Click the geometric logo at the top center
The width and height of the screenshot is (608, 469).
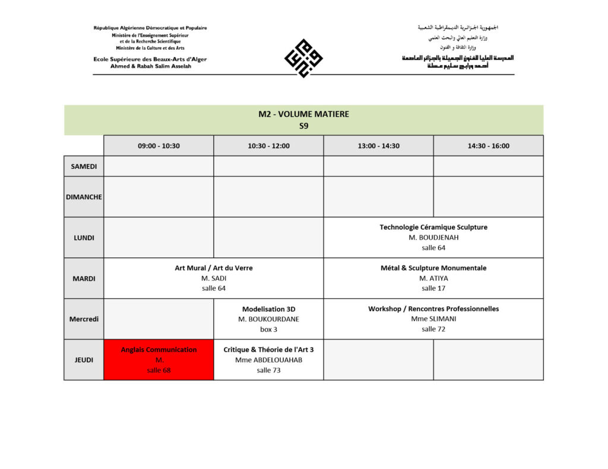point(303,58)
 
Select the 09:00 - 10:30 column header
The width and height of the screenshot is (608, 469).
point(159,146)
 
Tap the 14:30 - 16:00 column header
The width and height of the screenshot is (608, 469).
point(488,146)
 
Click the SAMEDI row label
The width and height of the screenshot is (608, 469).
point(84,167)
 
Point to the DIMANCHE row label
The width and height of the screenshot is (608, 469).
point(84,197)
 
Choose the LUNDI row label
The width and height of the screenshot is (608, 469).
point(84,238)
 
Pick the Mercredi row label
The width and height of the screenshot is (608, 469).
point(84,319)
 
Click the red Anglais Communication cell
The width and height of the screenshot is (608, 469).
point(159,360)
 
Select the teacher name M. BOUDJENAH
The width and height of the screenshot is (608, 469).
point(433,238)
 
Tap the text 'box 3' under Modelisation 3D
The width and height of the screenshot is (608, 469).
point(268,330)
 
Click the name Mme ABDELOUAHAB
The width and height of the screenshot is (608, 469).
point(268,360)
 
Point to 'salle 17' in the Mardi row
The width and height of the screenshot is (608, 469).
point(433,289)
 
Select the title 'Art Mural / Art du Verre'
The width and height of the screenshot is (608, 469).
point(214,268)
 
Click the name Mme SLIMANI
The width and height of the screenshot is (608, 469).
point(433,319)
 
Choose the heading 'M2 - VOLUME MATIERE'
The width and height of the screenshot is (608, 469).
point(303,114)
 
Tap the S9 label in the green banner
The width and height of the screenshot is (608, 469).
point(303,126)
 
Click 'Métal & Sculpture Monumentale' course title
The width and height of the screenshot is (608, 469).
point(433,268)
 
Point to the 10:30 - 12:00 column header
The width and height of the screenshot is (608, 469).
point(268,146)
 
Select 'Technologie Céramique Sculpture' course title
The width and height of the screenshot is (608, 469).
point(433,227)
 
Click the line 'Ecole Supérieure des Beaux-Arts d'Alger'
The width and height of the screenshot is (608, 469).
point(150,59)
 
